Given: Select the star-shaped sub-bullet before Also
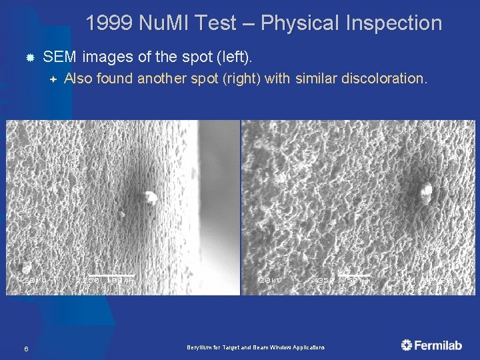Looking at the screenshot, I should (x=53, y=79).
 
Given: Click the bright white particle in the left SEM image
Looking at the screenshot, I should (x=149, y=197).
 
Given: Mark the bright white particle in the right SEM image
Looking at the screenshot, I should (x=425, y=193).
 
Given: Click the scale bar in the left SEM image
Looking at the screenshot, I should (x=112, y=275).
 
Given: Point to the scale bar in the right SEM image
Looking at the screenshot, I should (x=354, y=275).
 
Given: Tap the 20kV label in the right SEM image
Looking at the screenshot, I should (x=270, y=281).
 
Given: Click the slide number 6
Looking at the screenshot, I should (x=25, y=349).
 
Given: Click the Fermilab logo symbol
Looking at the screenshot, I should (x=407, y=345).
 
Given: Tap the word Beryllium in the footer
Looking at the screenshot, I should (x=199, y=348).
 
